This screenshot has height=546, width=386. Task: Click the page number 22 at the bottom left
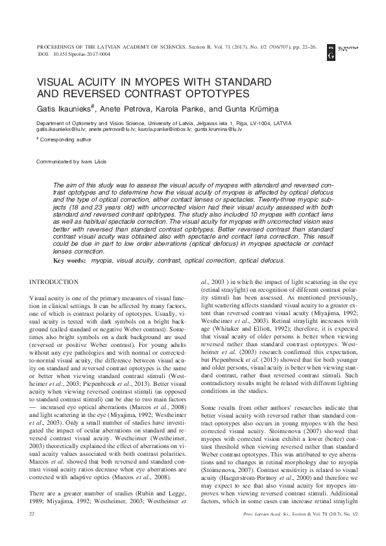pos(32,532)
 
